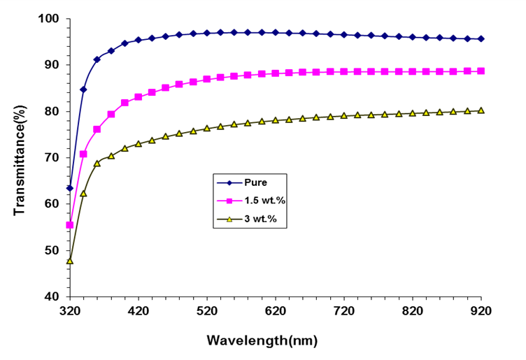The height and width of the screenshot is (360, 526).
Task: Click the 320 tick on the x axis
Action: (x=70, y=308)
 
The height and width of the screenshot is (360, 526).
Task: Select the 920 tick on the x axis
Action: (x=481, y=308)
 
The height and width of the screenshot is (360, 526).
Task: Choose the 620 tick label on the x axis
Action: (x=276, y=308)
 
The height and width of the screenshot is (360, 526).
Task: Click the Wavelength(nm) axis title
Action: (x=262, y=341)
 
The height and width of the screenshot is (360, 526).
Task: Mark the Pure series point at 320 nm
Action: (x=70, y=188)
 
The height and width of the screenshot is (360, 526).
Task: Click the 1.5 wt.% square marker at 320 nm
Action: (x=70, y=225)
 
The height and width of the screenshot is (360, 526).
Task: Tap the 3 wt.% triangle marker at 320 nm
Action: (x=70, y=261)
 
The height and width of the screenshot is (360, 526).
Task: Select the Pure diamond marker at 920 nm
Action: (x=481, y=39)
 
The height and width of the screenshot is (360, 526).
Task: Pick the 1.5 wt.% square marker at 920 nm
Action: (x=481, y=71)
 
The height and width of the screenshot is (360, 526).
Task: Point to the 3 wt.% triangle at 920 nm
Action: (x=481, y=110)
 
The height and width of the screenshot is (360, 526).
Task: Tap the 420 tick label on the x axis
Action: (x=138, y=308)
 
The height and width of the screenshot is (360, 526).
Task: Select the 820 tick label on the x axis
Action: (x=413, y=308)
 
